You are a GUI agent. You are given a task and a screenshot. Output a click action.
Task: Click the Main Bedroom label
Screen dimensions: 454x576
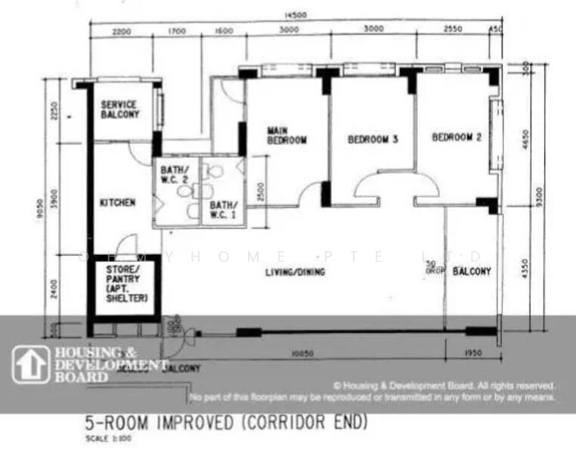pyautogui.click(x=287, y=135)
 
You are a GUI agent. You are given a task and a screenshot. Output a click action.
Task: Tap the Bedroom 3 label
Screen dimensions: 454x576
pyautogui.click(x=373, y=139)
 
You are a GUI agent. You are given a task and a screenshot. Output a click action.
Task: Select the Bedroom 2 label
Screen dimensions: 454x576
pyautogui.click(x=457, y=138)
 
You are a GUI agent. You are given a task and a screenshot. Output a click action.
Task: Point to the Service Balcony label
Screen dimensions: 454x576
pyautogui.click(x=120, y=109)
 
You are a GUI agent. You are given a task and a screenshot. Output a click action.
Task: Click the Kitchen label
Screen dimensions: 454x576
pyautogui.click(x=118, y=203)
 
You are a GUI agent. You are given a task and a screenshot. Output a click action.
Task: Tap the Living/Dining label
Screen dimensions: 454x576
pyautogui.click(x=296, y=272)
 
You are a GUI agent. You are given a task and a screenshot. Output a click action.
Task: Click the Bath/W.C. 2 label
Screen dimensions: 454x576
pyautogui.click(x=175, y=175)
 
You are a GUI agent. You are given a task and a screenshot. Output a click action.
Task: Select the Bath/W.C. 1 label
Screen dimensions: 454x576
pyautogui.click(x=224, y=210)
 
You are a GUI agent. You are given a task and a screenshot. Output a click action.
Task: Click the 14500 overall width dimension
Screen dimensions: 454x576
pyautogui.click(x=296, y=15)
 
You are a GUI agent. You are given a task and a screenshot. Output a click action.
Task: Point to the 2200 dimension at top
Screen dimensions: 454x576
pyautogui.click(x=121, y=32)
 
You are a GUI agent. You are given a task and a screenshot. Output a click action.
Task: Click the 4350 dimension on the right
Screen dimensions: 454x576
pyautogui.click(x=525, y=269)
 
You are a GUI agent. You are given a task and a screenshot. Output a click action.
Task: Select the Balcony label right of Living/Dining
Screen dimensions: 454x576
pyautogui.click(x=472, y=271)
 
